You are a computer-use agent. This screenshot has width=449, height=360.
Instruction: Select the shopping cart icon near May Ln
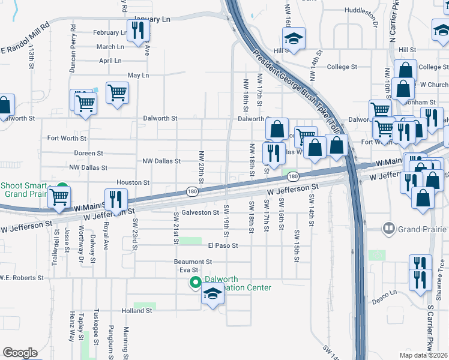pos(117,92)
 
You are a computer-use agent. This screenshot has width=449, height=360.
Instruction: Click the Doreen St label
pos(88,154)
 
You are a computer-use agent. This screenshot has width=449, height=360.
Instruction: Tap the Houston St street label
pos(133,182)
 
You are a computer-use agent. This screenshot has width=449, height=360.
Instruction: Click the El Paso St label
pos(223,245)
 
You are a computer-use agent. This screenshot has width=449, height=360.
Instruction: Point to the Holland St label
pos(137,311)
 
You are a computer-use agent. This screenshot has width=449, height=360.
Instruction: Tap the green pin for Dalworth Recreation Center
pos(195,282)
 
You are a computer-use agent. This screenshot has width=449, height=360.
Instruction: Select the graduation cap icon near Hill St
pos(294,39)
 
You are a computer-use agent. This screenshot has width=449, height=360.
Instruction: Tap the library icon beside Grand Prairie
pos(390,229)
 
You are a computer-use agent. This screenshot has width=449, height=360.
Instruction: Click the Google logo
pos(19,352)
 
